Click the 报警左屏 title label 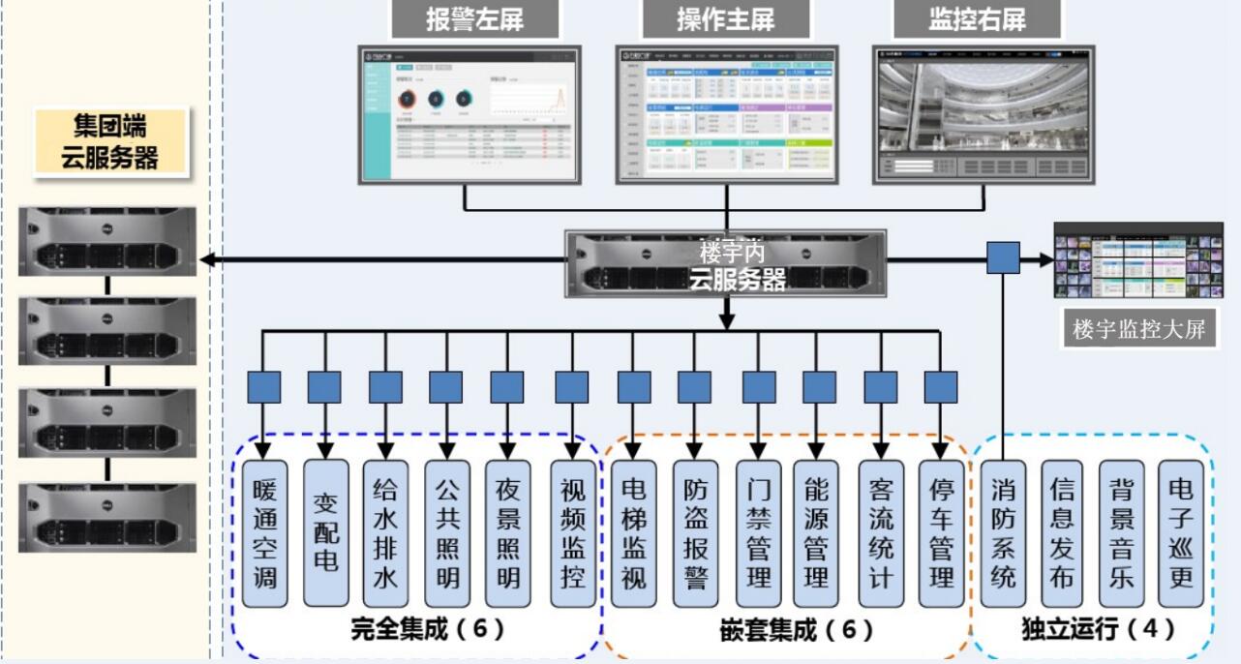pyautogui.click(x=475, y=19)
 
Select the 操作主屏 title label pyautogui.click(x=726, y=19)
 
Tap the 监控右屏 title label pyautogui.click(x=978, y=19)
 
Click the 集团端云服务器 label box pyautogui.click(x=110, y=140)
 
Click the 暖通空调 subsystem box pyautogui.click(x=265, y=533)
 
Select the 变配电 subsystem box pyautogui.click(x=326, y=533)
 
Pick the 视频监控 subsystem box pyautogui.click(x=573, y=533)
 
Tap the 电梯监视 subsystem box pyautogui.click(x=634, y=533)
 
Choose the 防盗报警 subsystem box pyautogui.click(x=696, y=533)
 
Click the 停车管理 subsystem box pyautogui.click(x=942, y=533)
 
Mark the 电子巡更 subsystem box pyautogui.click(x=1182, y=533)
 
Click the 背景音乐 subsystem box pyautogui.click(x=1122, y=533)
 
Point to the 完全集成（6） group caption pyautogui.click(x=428, y=630)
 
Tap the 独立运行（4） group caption pyautogui.click(x=1099, y=630)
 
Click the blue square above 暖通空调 pyautogui.click(x=264, y=387)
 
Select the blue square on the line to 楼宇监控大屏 pyautogui.click(x=1003, y=258)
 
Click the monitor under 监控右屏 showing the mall pyautogui.click(x=984, y=113)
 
